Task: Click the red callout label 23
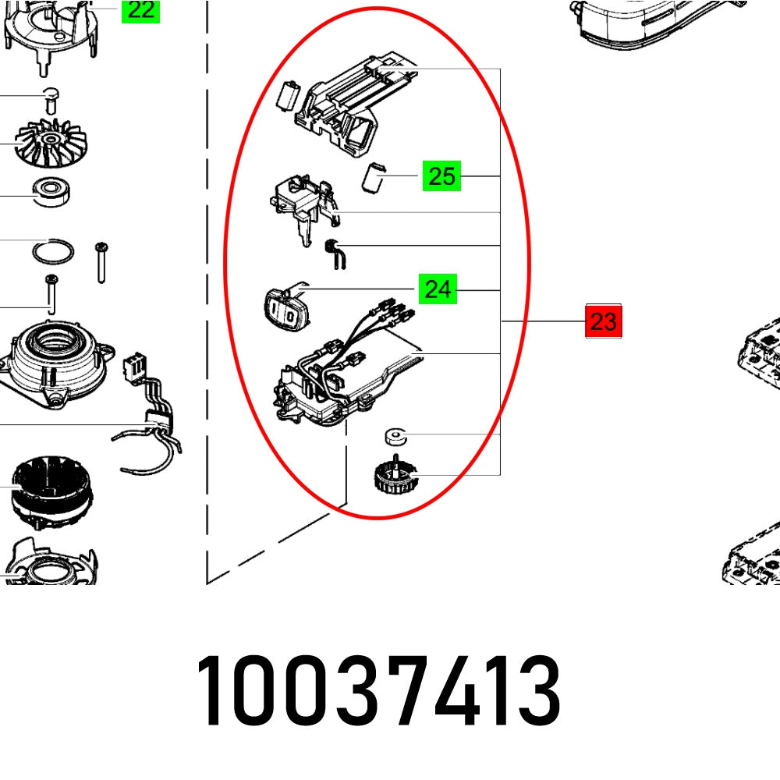(604, 321)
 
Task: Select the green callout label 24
(438, 290)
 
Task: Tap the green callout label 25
(441, 176)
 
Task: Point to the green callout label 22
(140, 10)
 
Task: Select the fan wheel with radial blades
(51, 144)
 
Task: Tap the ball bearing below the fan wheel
(52, 190)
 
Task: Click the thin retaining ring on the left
(53, 253)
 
